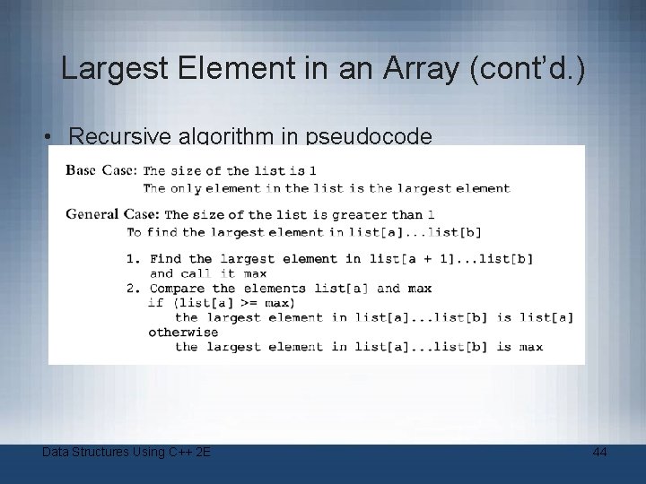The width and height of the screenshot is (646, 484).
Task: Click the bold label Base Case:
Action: pyautogui.click(x=102, y=170)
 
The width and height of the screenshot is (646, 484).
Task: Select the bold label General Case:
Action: pyautogui.click(x=113, y=214)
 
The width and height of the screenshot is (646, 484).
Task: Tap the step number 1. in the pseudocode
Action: pyautogui.click(x=132, y=259)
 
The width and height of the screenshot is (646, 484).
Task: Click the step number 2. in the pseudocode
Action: pyautogui.click(x=132, y=289)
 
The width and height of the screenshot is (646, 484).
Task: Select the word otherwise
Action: pyautogui.click(x=183, y=333)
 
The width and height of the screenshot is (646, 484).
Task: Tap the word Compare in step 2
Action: pyautogui.click(x=178, y=289)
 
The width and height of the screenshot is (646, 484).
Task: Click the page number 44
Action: pyautogui.click(x=599, y=453)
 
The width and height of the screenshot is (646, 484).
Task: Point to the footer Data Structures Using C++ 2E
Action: pyautogui.click(x=127, y=453)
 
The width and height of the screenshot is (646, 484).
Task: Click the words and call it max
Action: pyautogui.click(x=208, y=273)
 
